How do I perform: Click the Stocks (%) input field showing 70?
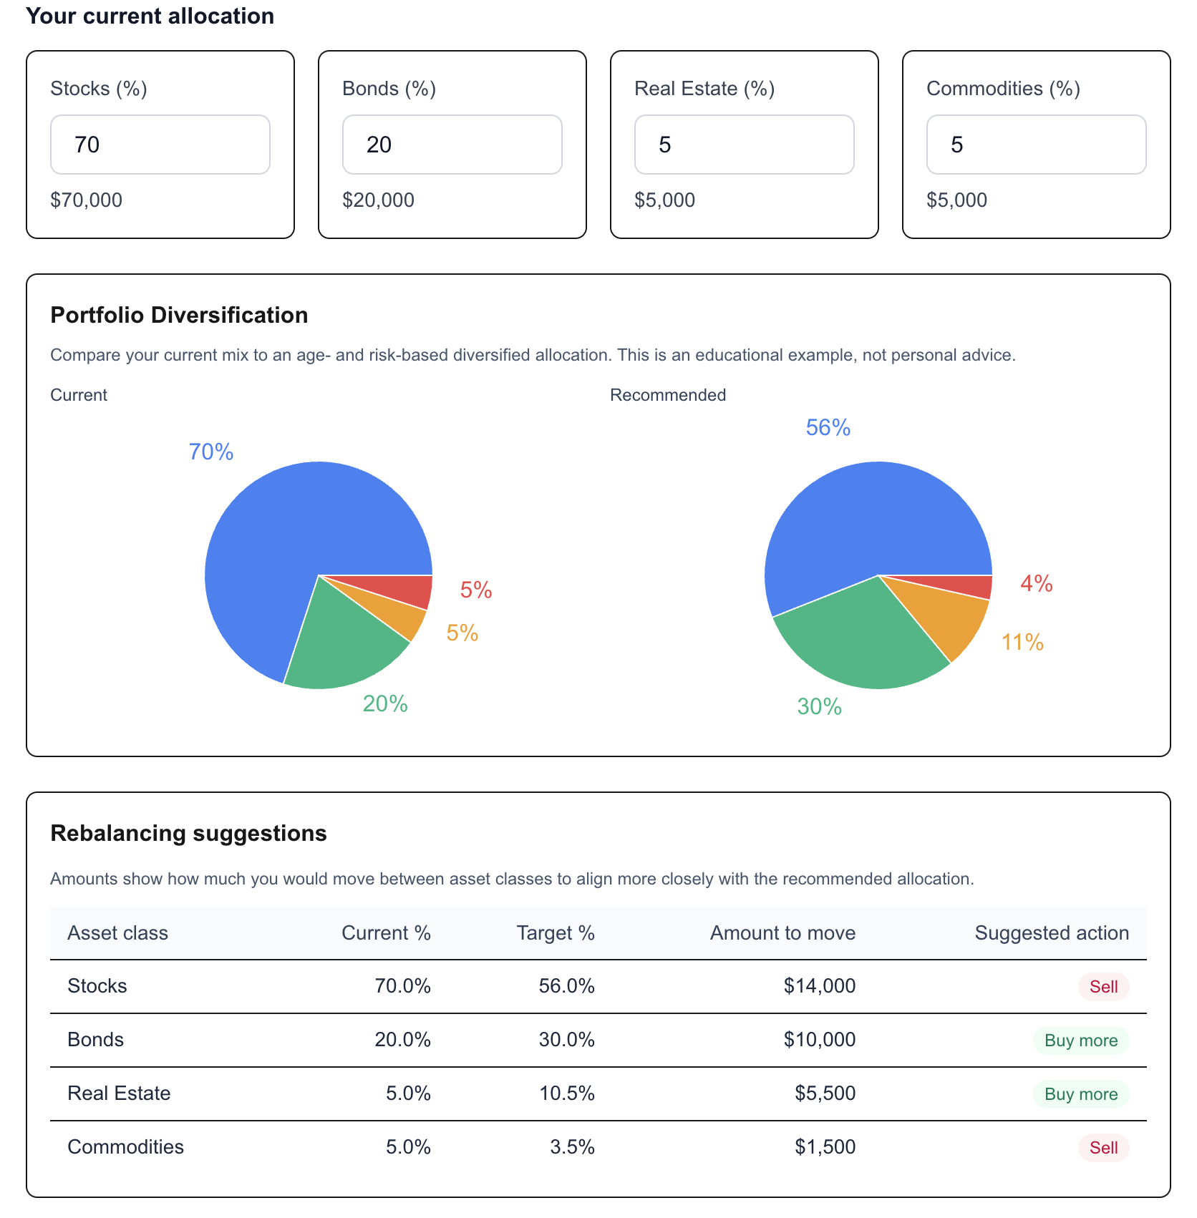coord(160,145)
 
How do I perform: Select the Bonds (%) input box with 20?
coord(452,145)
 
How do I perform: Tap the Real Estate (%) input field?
coord(744,145)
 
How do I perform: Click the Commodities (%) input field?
coord(1036,145)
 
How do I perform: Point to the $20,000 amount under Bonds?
coord(378,200)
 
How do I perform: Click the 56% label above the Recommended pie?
coord(828,427)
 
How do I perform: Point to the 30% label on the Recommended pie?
coord(819,706)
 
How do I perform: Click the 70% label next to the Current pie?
coord(210,452)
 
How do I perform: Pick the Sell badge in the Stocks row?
coord(1102,987)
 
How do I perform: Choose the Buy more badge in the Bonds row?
coord(1080,1041)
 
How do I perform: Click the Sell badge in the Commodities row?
coord(1102,1148)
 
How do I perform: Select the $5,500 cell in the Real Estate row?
coord(825,1093)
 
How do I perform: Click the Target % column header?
coord(556,933)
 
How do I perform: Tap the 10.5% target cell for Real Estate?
coord(566,1093)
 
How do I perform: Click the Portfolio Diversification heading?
coord(179,315)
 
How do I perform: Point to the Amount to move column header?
coord(782,933)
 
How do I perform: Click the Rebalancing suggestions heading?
coord(188,833)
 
